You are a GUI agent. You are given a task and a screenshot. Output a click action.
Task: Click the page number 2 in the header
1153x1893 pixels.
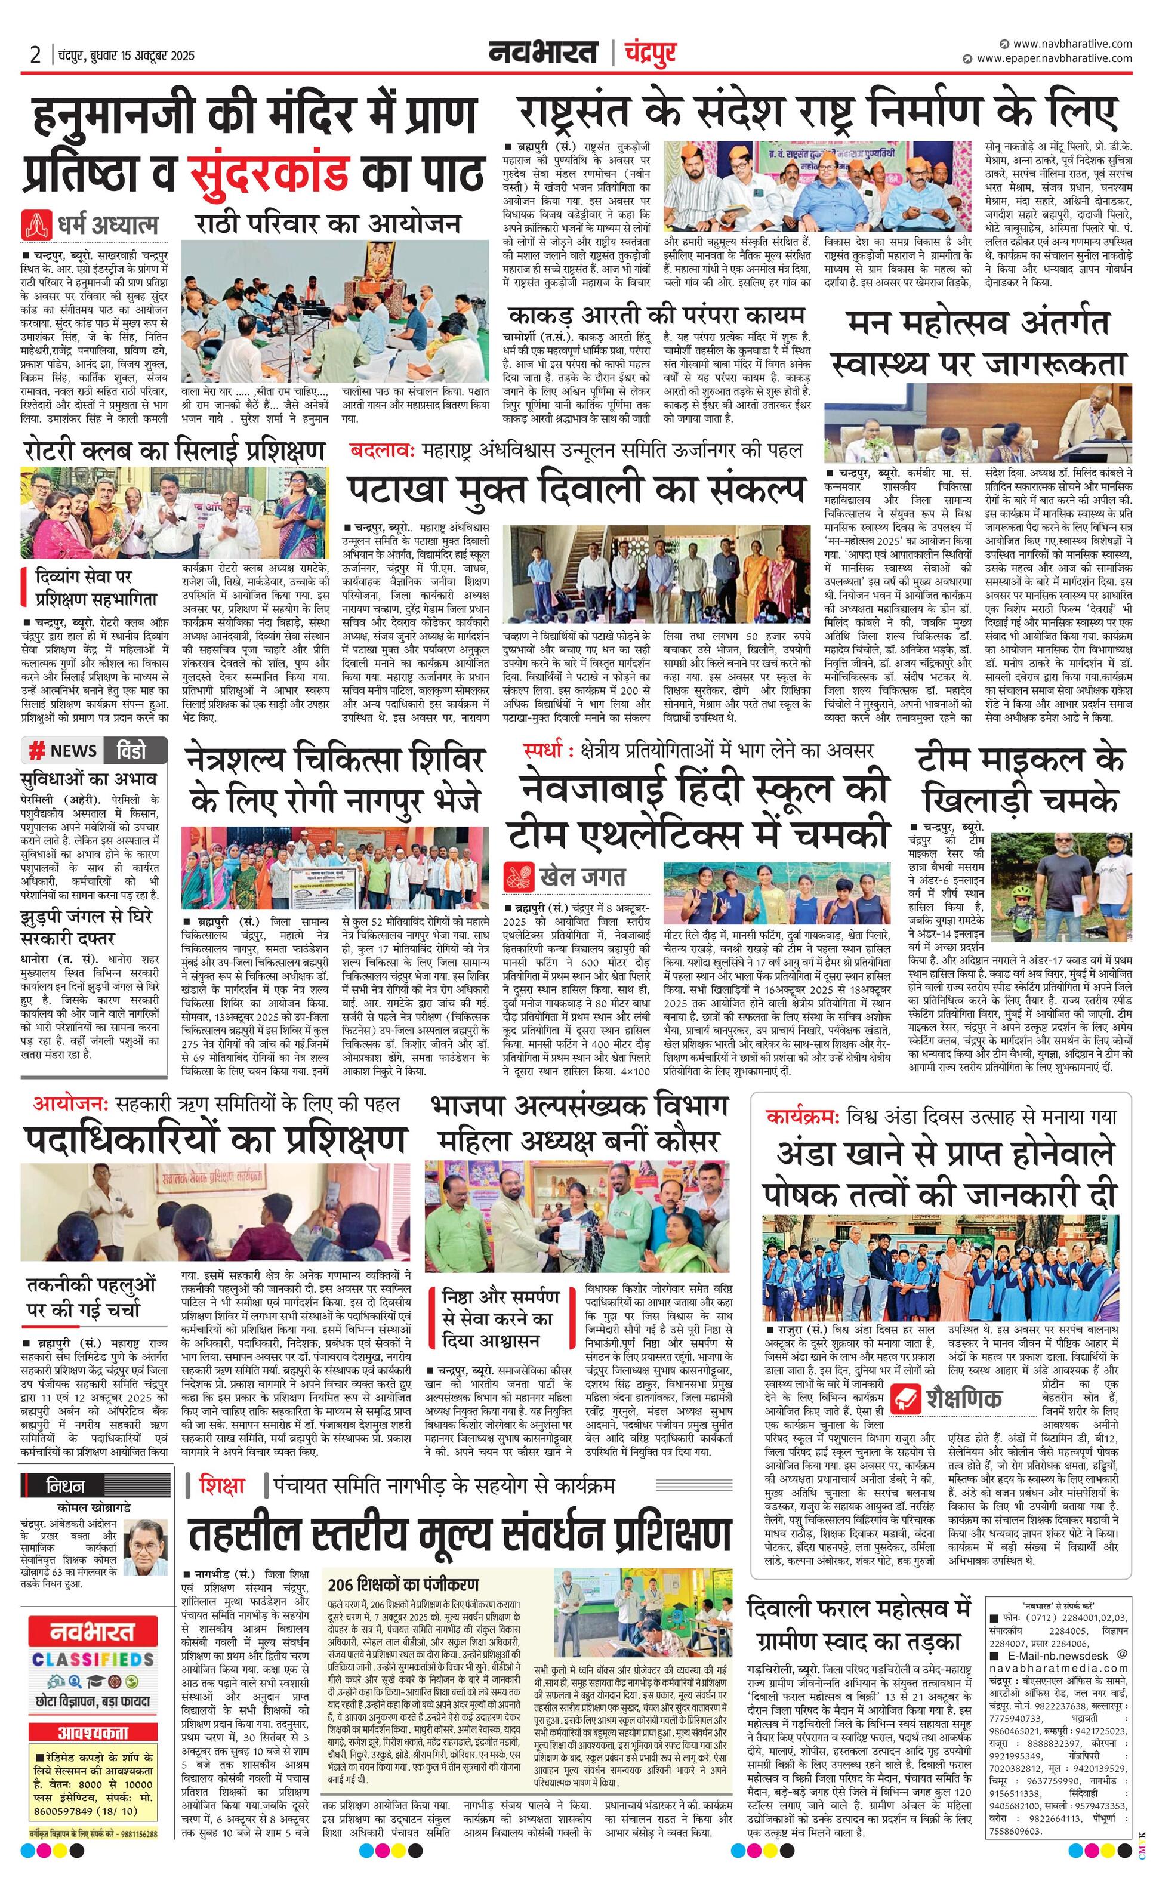click(x=36, y=56)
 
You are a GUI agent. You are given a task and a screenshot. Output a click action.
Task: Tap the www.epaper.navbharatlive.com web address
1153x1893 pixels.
click(x=1054, y=58)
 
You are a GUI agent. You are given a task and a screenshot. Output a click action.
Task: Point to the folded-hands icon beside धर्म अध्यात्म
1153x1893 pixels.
click(x=36, y=224)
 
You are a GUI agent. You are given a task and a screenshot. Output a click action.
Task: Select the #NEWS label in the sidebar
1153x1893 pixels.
click(x=63, y=751)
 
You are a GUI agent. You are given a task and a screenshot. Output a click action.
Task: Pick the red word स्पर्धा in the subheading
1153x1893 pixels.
click(x=548, y=749)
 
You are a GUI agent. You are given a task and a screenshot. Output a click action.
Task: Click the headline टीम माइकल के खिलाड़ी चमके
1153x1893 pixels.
click(x=1019, y=781)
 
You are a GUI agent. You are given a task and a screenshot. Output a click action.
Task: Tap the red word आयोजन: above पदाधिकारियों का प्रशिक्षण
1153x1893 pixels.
click(x=70, y=1104)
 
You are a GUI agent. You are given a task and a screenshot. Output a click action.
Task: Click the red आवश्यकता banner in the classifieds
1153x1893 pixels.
click(x=93, y=1732)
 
